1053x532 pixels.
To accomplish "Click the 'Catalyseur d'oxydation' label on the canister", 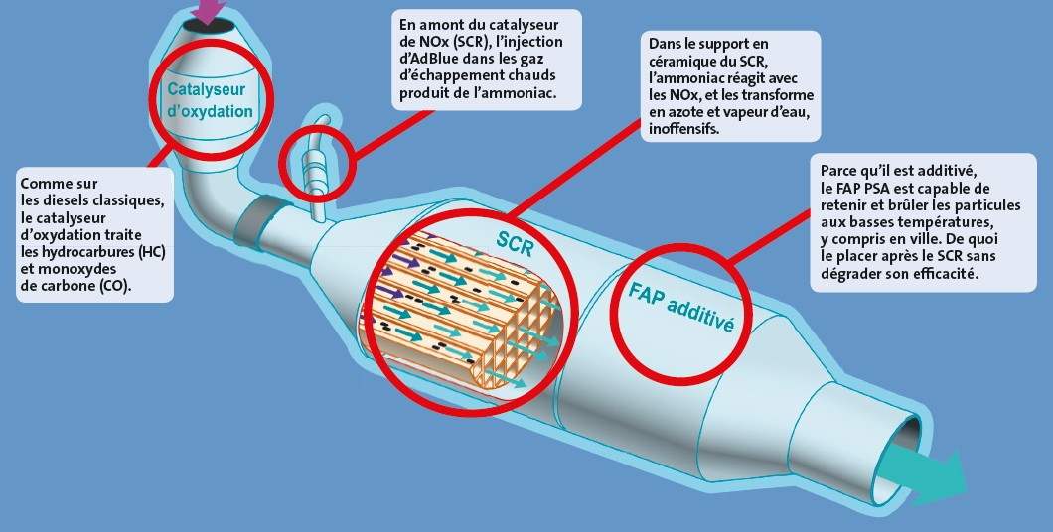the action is pyautogui.click(x=210, y=100).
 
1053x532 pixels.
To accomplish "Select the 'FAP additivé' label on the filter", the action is pyautogui.click(x=680, y=308).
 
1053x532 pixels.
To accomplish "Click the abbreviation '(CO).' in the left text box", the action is pyautogui.click(x=116, y=287).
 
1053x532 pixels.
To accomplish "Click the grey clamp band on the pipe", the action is pyautogui.click(x=257, y=220).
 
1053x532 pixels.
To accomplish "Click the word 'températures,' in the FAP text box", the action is pyautogui.click(x=954, y=222).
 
